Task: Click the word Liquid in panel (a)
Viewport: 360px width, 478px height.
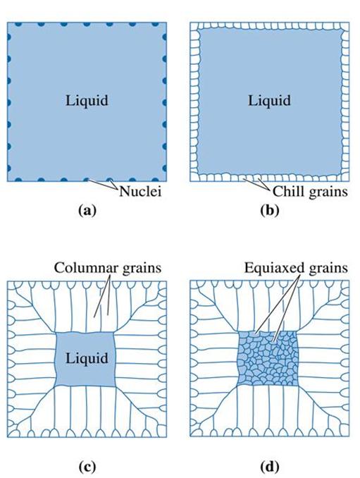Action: (x=87, y=101)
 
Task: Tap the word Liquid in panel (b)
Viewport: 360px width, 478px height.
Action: (x=269, y=101)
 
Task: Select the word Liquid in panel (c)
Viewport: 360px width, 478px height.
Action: (x=87, y=358)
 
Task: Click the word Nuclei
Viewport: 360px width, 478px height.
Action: (x=140, y=192)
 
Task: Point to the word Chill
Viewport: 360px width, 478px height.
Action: (x=288, y=192)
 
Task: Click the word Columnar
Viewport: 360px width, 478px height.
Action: (x=81, y=268)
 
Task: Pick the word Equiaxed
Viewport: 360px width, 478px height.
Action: (x=275, y=268)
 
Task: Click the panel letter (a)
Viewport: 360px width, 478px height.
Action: (x=87, y=210)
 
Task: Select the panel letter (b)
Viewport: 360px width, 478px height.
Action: (x=270, y=210)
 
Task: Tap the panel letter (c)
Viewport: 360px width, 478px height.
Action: (x=87, y=467)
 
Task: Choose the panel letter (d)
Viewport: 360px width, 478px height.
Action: (x=270, y=467)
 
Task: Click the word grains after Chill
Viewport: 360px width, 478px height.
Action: (x=328, y=192)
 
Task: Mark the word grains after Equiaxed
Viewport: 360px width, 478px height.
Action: (x=328, y=269)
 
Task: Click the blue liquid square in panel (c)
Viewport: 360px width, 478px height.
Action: (x=85, y=359)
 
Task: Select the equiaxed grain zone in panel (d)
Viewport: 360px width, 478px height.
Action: (x=268, y=358)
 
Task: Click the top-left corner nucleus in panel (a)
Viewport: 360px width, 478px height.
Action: (x=8, y=23)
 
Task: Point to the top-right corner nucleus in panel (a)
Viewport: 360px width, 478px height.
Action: (x=165, y=23)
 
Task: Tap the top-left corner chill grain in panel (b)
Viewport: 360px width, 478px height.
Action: (x=195, y=27)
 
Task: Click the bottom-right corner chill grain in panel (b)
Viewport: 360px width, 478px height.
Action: (x=345, y=177)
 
